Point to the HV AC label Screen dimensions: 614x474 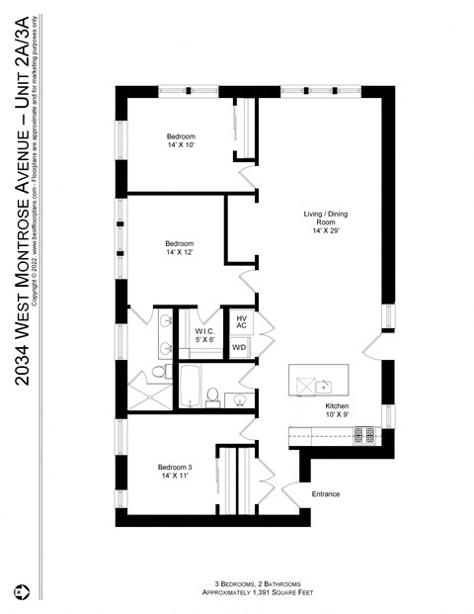(x=241, y=323)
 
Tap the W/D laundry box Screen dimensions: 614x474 (x=239, y=348)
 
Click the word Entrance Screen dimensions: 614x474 (x=326, y=493)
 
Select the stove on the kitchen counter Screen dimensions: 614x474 (x=366, y=433)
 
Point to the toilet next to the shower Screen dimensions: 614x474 (x=159, y=373)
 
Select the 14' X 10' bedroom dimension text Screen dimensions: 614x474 (x=181, y=145)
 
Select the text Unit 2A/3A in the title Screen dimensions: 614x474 (x=22, y=75)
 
